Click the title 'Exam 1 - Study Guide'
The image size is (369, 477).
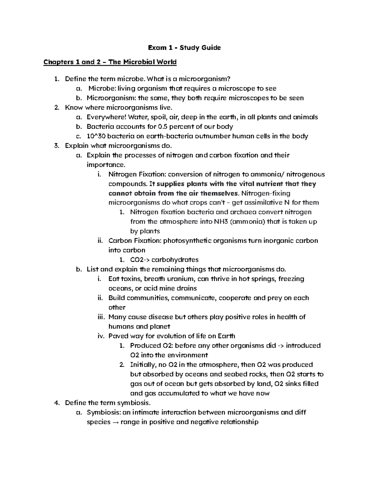[x=184, y=48]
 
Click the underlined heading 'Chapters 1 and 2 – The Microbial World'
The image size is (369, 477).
[x=110, y=62]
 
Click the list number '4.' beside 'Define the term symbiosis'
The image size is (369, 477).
[x=56, y=403]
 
